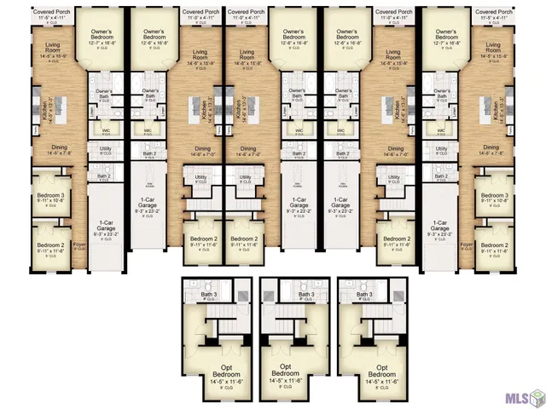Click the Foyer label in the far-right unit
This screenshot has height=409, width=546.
pyautogui.click(x=466, y=244)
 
